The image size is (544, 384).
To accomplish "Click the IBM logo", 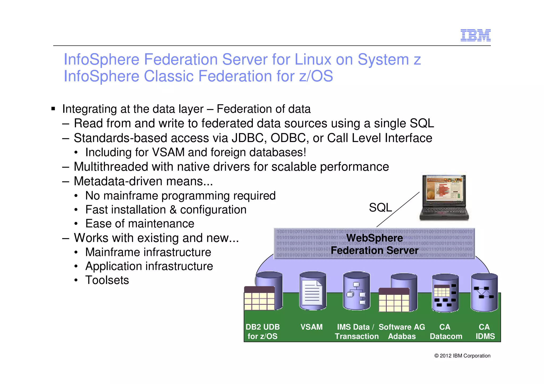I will click(475, 35).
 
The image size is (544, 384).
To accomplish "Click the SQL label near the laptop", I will click(380, 207).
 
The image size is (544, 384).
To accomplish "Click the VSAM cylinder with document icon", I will click(313, 291).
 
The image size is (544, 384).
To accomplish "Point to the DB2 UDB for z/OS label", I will click(262, 331).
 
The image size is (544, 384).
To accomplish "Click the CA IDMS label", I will click(485, 331).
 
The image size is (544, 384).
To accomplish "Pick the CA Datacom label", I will click(446, 331).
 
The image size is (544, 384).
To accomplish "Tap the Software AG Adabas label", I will click(402, 331).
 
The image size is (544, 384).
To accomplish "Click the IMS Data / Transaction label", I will click(356, 331).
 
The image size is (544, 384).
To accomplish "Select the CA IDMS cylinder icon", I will click(484, 292).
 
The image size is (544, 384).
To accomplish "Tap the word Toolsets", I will click(107, 280).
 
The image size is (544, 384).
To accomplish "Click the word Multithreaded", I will click(111, 167).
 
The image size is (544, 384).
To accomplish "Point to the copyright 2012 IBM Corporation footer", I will click(462, 356).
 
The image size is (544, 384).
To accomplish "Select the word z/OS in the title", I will click(316, 76).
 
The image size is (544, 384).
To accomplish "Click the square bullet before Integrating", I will click(53, 109).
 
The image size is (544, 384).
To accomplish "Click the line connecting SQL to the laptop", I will click(398, 209).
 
